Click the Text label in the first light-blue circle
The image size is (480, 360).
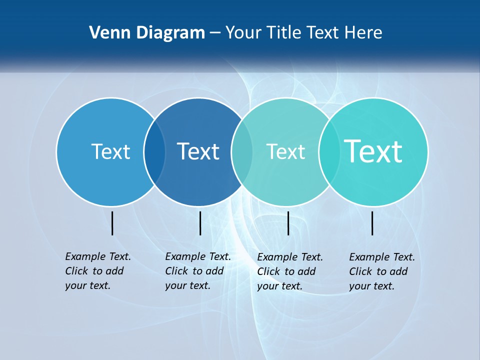(110, 151)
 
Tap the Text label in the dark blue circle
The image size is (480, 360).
(198, 151)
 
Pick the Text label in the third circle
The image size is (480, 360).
(285, 151)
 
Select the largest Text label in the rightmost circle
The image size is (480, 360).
(373, 151)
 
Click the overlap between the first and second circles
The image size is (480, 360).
(154, 152)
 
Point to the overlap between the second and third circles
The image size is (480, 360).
(242, 152)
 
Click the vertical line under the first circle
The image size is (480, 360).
(112, 223)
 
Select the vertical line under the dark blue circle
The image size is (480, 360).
(200, 223)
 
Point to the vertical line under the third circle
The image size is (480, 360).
(288, 223)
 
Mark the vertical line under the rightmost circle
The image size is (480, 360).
(372, 223)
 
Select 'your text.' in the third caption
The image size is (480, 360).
(279, 286)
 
